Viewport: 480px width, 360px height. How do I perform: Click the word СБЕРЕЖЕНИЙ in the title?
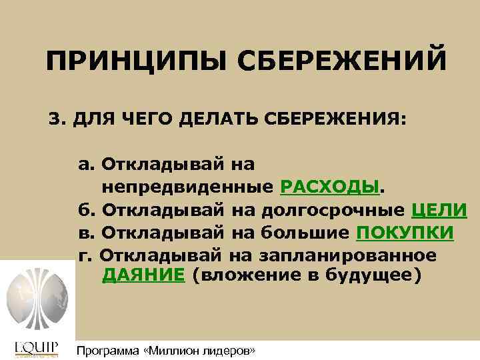click(339, 64)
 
